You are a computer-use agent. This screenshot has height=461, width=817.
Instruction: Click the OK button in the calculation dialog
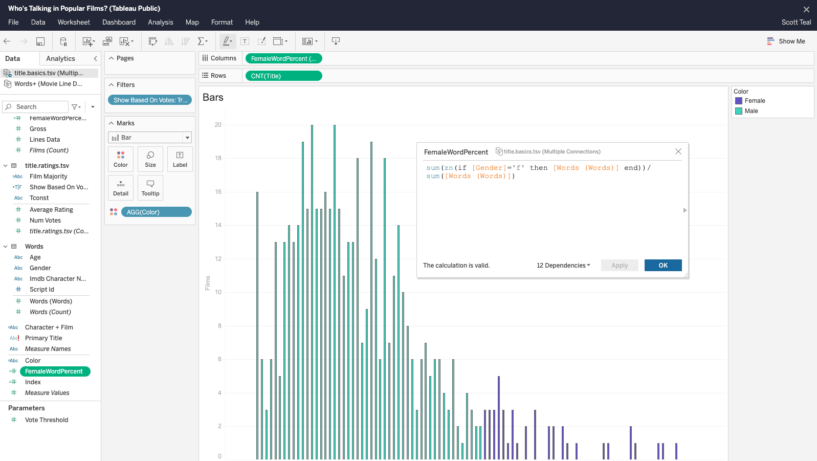point(663,265)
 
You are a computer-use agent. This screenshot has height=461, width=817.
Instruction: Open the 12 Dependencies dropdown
point(563,265)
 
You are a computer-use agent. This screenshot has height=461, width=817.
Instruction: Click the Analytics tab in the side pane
point(60,58)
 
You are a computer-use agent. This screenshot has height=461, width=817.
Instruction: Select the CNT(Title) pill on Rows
point(283,76)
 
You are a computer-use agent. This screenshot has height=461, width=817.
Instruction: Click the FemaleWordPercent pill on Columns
point(283,58)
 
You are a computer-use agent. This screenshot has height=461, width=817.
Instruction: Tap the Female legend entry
point(754,101)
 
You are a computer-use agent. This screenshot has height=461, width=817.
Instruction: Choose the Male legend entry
point(751,111)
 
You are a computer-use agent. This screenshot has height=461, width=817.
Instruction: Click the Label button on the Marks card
point(180,159)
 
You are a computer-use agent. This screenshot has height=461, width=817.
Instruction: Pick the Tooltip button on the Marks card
point(150,188)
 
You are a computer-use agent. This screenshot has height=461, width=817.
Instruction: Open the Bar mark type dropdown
point(150,138)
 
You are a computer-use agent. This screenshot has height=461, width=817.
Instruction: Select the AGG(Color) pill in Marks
point(156,212)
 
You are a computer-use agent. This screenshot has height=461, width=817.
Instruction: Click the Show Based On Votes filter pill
point(149,100)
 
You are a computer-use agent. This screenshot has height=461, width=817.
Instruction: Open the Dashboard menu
point(119,22)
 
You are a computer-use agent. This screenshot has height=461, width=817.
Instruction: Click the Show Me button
point(786,41)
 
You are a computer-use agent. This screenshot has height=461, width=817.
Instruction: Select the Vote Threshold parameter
point(47,420)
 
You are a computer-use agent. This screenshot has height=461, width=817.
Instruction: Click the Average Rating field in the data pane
point(51,210)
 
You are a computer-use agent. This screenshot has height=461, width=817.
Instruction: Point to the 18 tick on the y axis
point(218,158)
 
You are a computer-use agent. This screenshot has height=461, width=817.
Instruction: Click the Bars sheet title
point(213,97)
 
